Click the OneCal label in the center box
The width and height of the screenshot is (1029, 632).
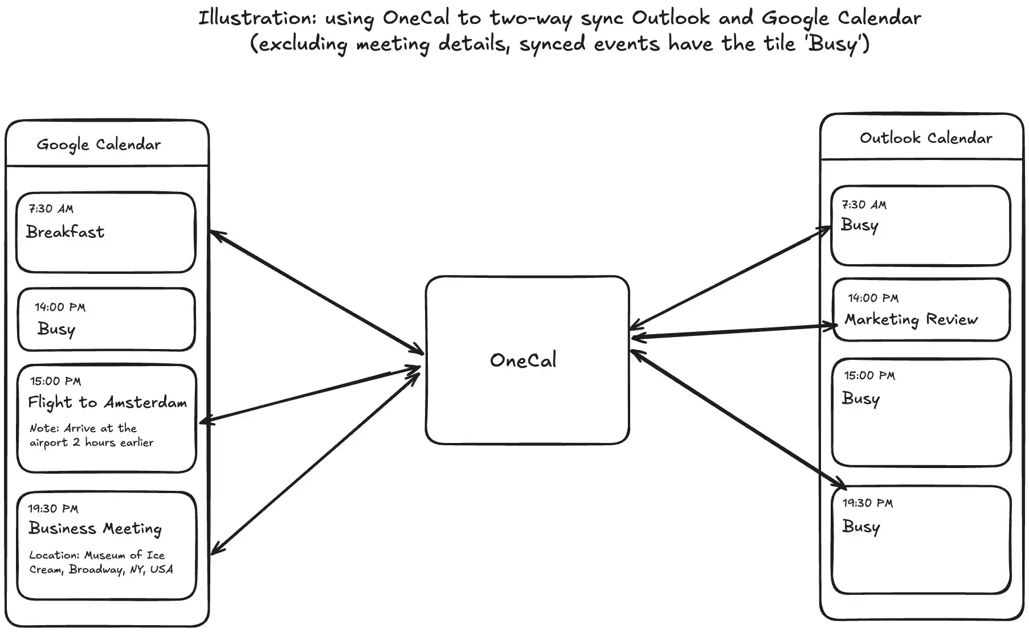point(523,360)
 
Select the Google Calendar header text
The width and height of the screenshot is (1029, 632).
point(99,145)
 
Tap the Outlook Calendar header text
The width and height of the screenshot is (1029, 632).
point(926,138)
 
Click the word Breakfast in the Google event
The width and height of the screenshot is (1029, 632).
point(66,232)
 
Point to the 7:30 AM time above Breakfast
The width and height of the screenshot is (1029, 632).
point(51,209)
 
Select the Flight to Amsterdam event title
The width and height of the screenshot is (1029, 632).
point(108,403)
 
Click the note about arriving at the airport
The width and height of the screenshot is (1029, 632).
point(91,436)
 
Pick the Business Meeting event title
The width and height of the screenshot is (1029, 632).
point(95,529)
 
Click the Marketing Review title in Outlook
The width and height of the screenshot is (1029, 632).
point(910,319)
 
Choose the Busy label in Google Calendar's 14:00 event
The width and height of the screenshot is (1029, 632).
point(56,329)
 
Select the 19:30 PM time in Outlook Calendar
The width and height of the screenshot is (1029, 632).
point(868,503)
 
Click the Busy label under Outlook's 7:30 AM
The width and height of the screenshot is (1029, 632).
point(860,225)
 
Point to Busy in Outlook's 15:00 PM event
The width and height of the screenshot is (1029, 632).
point(861,399)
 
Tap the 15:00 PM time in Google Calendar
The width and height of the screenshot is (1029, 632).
point(56,381)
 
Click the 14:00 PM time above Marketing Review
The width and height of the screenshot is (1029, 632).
point(873,298)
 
